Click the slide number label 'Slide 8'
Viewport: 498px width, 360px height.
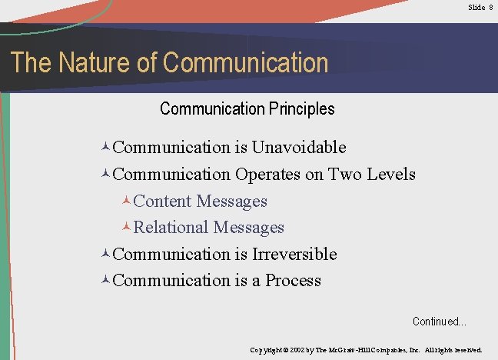tap(480, 7)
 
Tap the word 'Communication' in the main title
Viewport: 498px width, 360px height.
tap(246, 63)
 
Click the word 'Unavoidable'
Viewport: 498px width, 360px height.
tap(299, 147)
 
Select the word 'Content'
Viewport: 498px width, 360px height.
tap(162, 201)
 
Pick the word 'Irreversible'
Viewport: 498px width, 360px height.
tap(294, 254)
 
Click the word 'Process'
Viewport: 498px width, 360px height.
tap(293, 280)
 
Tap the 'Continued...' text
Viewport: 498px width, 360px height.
tap(439, 322)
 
